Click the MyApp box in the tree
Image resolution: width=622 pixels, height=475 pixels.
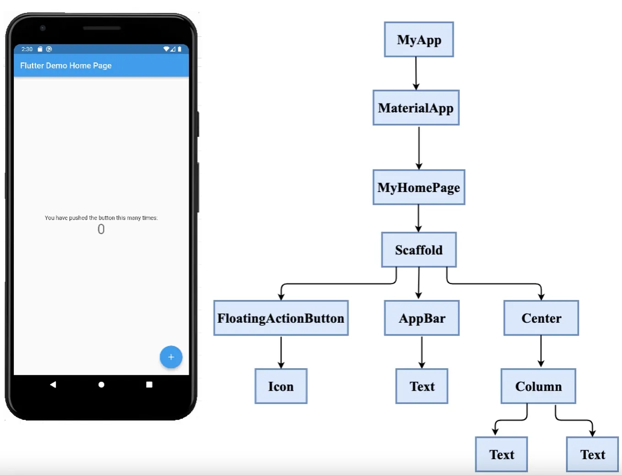419,40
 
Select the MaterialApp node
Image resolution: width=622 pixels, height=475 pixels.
416,108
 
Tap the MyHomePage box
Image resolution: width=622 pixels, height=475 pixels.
419,188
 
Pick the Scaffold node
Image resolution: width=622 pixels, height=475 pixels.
419,250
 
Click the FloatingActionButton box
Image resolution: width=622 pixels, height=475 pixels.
281,318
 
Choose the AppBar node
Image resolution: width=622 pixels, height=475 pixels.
421,318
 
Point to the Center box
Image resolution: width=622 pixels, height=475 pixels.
541,318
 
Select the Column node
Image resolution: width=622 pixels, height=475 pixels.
538,387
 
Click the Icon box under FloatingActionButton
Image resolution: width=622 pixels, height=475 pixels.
281,387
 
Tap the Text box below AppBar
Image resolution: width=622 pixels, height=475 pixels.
421,387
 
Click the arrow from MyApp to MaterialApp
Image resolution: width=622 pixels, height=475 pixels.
416,73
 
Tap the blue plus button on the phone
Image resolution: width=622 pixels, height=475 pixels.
171,357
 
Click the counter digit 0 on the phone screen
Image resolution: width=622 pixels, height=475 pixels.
101,229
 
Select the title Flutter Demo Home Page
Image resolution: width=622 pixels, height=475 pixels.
66,66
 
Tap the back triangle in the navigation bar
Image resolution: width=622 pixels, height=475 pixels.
53,384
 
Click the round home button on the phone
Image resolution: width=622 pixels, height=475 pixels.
101,385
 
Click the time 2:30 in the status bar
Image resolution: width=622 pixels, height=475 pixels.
27,49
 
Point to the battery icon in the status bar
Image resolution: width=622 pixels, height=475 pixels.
180,49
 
